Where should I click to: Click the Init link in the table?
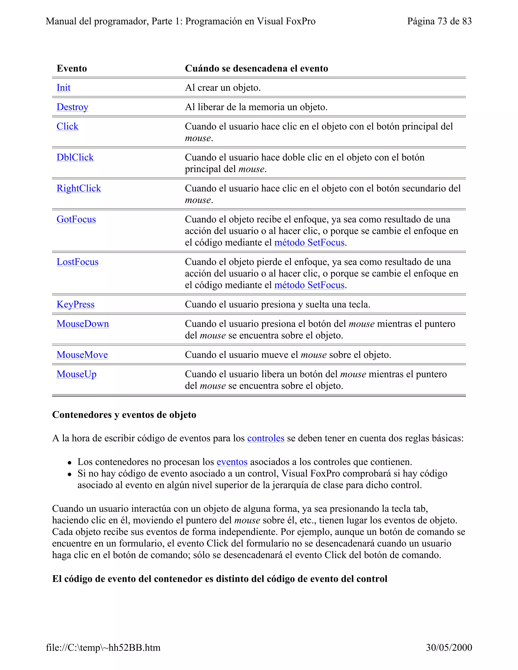(x=63, y=88)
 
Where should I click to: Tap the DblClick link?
(x=75, y=157)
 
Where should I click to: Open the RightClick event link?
(x=79, y=188)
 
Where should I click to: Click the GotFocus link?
(x=76, y=219)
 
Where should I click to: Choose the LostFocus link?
(x=78, y=262)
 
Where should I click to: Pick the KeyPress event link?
(x=75, y=304)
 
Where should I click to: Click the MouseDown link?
(x=82, y=324)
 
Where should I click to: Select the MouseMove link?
(x=82, y=355)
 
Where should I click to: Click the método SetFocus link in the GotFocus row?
(x=309, y=243)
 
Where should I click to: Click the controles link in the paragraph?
(x=266, y=438)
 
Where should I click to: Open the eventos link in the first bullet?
(x=232, y=462)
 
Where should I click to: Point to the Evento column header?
(x=72, y=69)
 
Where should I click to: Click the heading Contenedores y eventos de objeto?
(x=124, y=415)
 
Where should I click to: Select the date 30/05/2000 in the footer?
(x=449, y=647)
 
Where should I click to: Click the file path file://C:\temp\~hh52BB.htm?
(x=103, y=647)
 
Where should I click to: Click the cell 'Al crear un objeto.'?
(x=223, y=88)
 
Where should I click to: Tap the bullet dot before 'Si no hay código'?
(x=70, y=474)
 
